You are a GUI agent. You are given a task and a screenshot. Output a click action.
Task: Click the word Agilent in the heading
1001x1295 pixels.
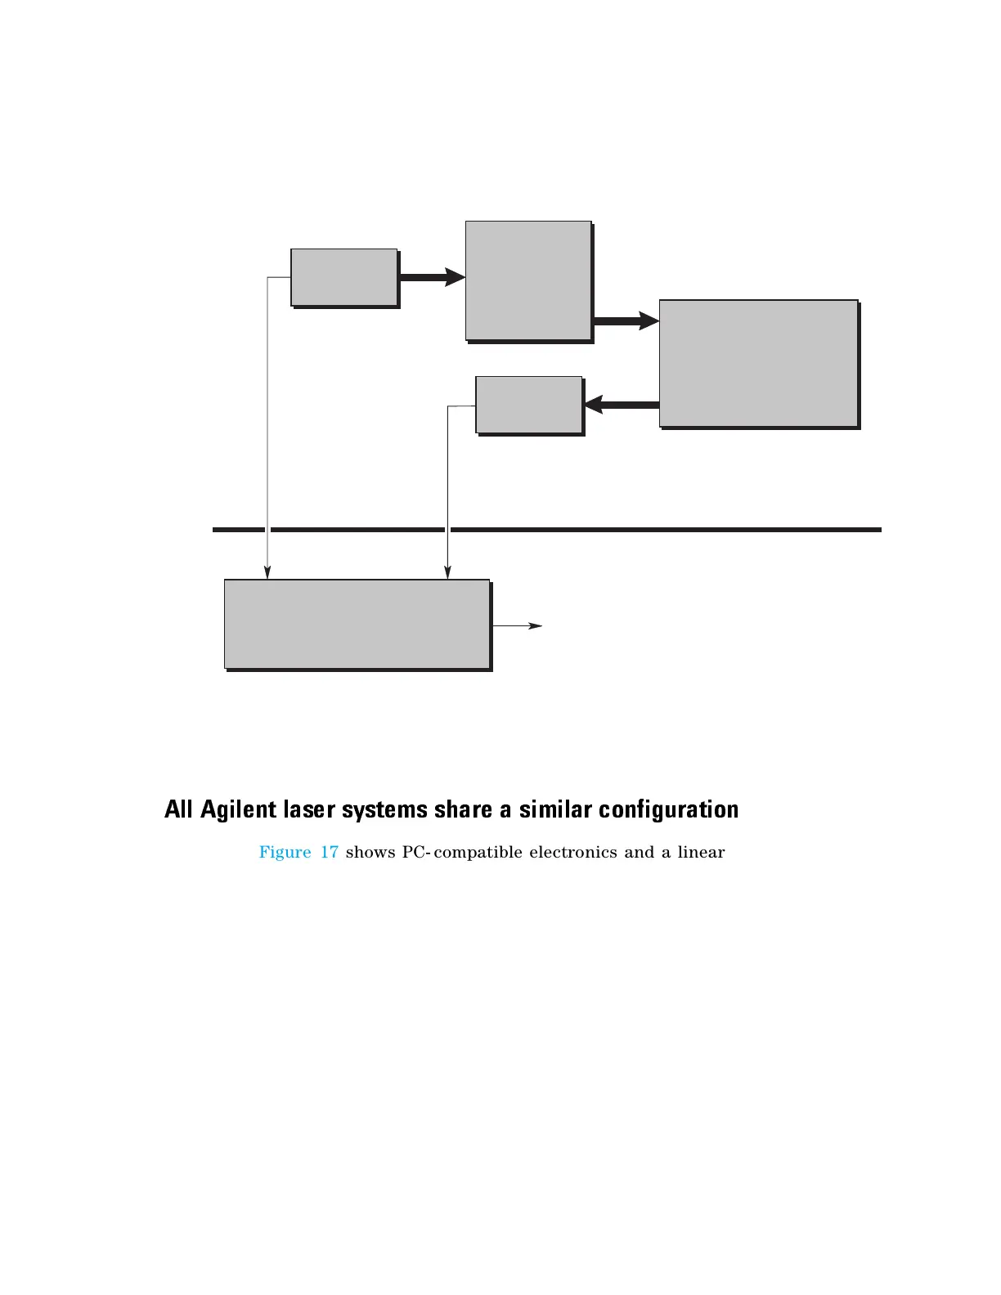pos(239,810)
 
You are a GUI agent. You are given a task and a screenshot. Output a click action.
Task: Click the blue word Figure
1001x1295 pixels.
pos(285,853)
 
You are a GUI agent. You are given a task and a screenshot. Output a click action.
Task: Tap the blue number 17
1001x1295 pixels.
pos(329,853)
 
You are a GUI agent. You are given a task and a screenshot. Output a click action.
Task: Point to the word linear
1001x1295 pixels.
pos(701,853)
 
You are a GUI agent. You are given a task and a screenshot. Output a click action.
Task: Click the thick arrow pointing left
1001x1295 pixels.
pos(622,405)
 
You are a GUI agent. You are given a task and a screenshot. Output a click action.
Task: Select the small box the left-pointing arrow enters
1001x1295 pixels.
pos(528,405)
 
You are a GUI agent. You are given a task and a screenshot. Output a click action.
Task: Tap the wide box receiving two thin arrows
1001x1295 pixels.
pos(357,624)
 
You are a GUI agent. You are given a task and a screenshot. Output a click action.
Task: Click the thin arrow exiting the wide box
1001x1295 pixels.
pos(517,626)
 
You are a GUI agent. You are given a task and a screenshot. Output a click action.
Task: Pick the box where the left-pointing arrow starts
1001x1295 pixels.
pos(758,363)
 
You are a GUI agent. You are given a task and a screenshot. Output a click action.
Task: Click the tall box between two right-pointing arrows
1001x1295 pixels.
pos(528,280)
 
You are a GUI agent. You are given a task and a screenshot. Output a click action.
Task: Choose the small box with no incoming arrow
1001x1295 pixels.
pos(343,277)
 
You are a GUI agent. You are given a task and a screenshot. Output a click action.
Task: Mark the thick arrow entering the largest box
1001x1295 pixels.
pos(626,321)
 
